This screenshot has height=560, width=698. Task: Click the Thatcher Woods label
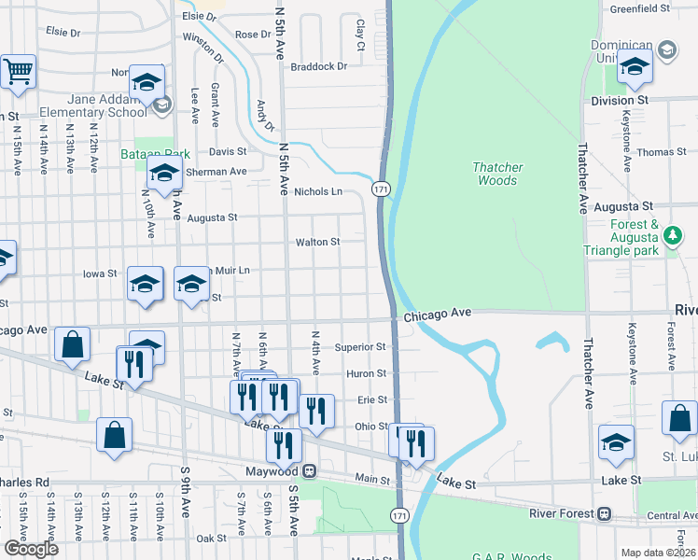pyautogui.click(x=497, y=174)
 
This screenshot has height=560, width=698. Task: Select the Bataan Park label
pyautogui.click(x=156, y=153)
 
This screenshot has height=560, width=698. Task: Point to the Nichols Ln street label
pyautogui.click(x=318, y=191)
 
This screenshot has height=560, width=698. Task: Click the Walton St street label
pyautogui.click(x=317, y=242)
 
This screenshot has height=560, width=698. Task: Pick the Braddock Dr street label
pyautogui.click(x=318, y=66)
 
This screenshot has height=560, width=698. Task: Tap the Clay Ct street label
pyautogui.click(x=359, y=34)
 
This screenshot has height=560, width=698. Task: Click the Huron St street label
pyautogui.click(x=367, y=373)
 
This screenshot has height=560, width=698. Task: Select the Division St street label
pyautogui.click(x=620, y=100)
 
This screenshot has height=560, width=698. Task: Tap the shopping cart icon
pyautogui.click(x=18, y=71)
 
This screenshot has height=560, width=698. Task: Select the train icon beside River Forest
pyautogui.click(x=605, y=512)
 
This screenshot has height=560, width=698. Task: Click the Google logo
pyautogui.click(x=31, y=549)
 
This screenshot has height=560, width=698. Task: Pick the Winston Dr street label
pyautogui.click(x=202, y=47)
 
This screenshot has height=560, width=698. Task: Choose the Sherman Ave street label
pyautogui.click(x=216, y=172)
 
